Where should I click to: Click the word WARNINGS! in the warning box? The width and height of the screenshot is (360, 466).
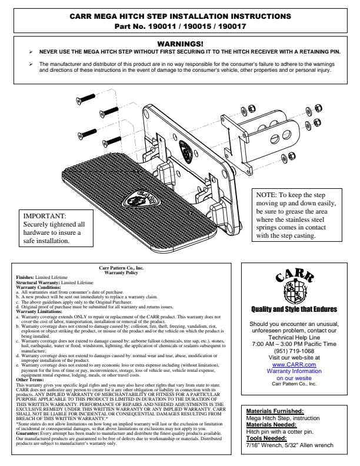[180, 44]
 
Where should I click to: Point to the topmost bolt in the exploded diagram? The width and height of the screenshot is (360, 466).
[87, 98]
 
